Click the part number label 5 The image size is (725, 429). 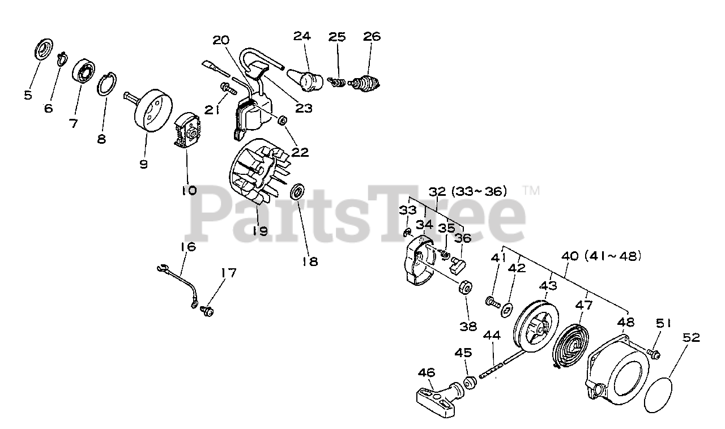(x=28, y=95)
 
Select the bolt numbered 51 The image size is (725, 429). (x=653, y=354)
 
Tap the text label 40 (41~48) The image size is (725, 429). (x=605, y=256)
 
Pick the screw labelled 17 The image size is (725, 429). (x=207, y=311)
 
